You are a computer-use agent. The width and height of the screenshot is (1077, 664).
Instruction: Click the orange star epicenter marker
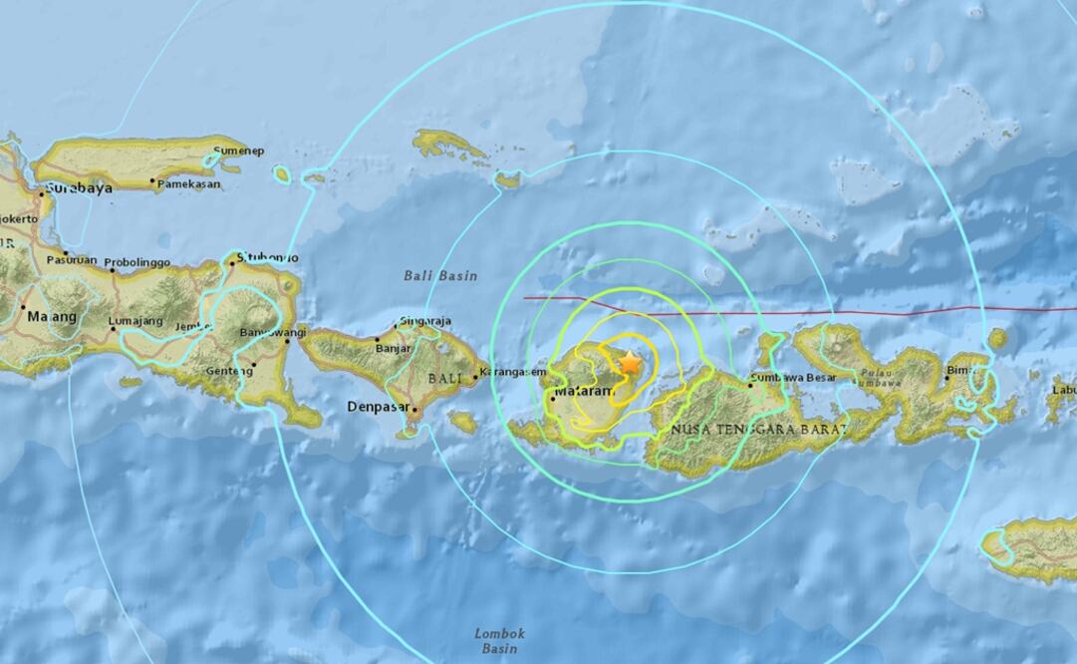(630, 364)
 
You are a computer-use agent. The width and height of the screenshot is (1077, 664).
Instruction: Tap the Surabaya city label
(77, 187)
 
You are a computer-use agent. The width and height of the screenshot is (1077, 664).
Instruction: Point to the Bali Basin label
(440, 275)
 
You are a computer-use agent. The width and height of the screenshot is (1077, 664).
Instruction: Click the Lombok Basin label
(499, 640)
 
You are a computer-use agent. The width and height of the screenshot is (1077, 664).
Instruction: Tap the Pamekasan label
(189, 183)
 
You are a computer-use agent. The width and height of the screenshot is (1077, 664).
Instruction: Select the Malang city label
(52, 317)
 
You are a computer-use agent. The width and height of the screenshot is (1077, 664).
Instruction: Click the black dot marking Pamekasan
(152, 182)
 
